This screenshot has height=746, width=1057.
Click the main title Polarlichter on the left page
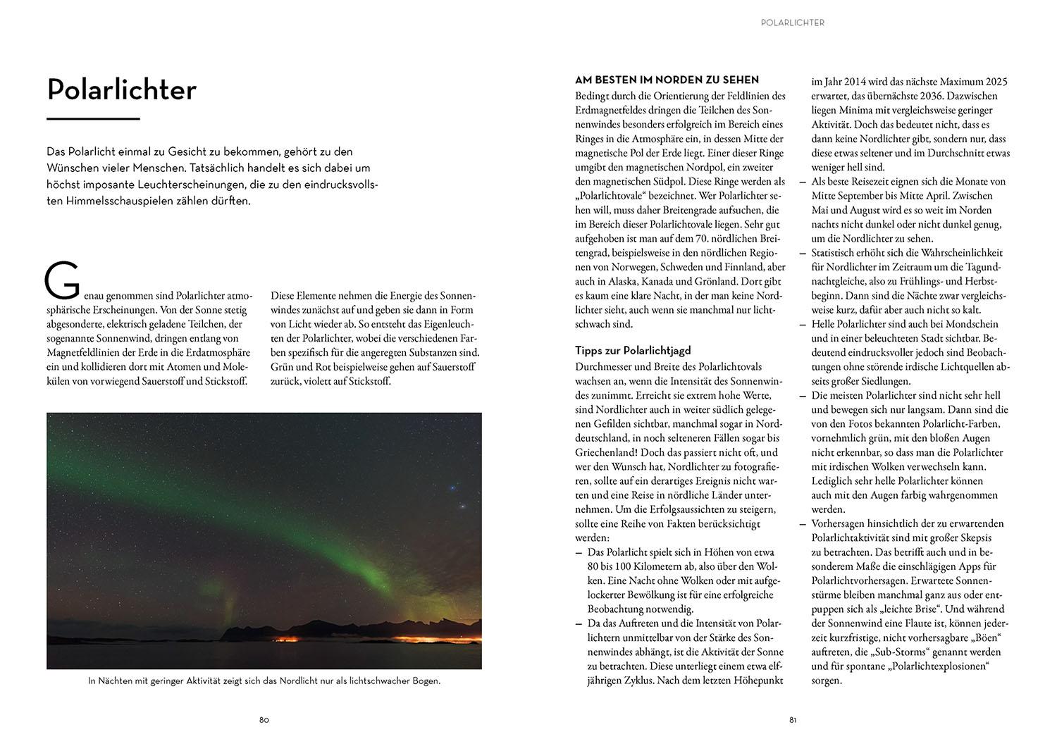pyautogui.click(x=121, y=90)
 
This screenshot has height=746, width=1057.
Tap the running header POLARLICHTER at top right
pyautogui.click(x=792, y=23)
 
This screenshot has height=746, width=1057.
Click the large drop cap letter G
pyautogui.click(x=62, y=280)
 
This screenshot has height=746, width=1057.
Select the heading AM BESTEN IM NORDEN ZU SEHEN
pyautogui.click(x=667, y=80)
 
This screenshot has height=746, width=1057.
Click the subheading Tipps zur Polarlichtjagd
pyautogui.click(x=633, y=350)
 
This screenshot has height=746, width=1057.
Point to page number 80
pyautogui.click(x=264, y=720)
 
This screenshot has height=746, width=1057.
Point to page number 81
pyautogui.click(x=793, y=720)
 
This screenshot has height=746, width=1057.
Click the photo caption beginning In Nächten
pyautogui.click(x=264, y=681)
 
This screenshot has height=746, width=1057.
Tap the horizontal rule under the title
pyautogui.click(x=93, y=119)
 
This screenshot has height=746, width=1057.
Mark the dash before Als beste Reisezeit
pyautogui.click(x=803, y=182)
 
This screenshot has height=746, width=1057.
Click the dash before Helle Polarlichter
pyautogui.click(x=803, y=324)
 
